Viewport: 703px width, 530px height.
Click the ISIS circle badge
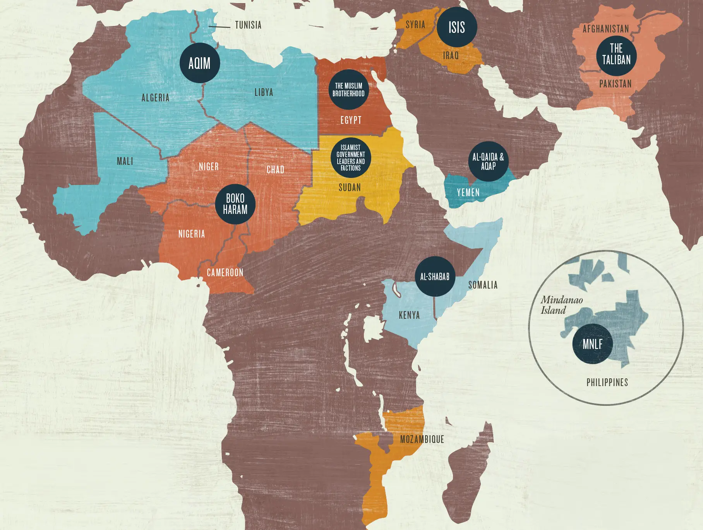click(x=457, y=27)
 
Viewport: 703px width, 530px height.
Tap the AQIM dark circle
click(x=200, y=63)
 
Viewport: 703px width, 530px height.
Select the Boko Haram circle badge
click(x=235, y=204)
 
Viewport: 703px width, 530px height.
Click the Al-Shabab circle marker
click(x=435, y=276)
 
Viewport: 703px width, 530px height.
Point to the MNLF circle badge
click(x=592, y=344)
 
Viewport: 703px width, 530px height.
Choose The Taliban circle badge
click(x=616, y=55)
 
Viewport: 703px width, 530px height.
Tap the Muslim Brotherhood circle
click(x=348, y=89)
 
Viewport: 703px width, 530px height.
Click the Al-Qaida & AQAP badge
click(x=488, y=161)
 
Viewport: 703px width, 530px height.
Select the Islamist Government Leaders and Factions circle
click(x=351, y=157)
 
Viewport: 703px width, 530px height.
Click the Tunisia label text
click(x=248, y=25)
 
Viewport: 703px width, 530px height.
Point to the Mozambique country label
click(x=422, y=439)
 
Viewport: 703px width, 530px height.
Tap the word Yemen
click(x=468, y=192)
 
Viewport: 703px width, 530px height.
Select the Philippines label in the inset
click(x=607, y=382)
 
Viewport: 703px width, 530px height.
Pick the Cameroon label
click(x=225, y=272)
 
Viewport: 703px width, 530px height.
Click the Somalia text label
click(x=483, y=285)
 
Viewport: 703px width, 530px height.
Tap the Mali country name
click(x=125, y=161)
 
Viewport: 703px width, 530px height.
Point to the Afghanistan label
click(x=606, y=29)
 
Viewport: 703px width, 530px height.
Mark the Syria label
click(x=415, y=25)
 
